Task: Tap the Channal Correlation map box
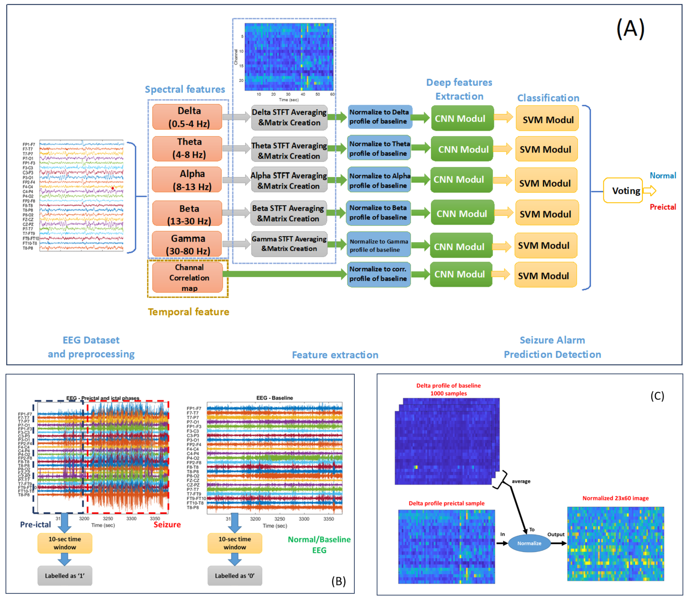point(188,277)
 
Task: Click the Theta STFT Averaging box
point(289,150)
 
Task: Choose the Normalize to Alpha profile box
point(379,180)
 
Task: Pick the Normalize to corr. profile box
point(379,274)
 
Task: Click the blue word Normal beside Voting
point(662,175)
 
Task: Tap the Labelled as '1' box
point(65,575)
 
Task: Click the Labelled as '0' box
point(235,575)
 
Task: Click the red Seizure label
point(167,524)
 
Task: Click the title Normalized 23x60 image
point(615,498)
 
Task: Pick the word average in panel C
point(521,481)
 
